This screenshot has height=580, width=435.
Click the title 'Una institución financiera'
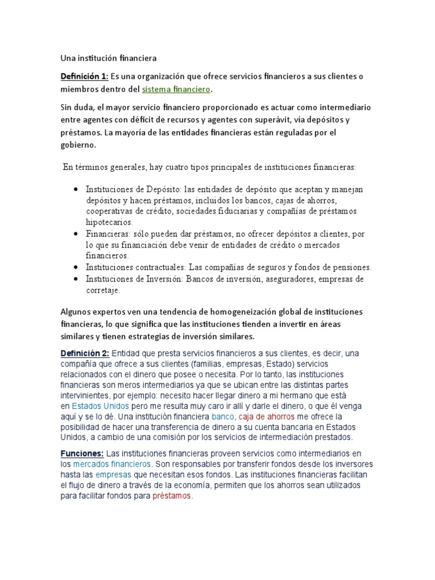point(108,58)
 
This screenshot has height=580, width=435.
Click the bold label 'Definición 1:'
point(84,76)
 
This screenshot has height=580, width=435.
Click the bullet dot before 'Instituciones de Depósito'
point(76,189)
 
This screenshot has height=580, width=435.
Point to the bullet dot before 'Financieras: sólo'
point(76,233)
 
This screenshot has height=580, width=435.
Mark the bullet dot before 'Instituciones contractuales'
point(76,267)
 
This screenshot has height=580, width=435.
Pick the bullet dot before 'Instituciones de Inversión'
point(76,279)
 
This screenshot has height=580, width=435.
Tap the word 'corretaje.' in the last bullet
point(103,290)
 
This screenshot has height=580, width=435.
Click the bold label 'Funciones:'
point(82,454)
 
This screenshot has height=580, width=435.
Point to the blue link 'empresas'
point(113,475)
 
